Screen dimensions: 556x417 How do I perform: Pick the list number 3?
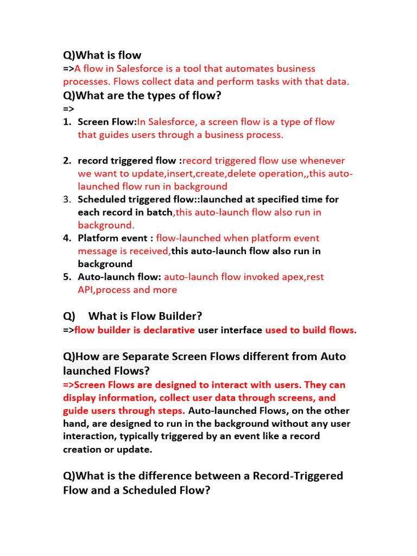(67, 199)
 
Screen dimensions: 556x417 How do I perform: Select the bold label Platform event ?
(116, 238)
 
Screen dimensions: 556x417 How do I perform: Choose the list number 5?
(67, 277)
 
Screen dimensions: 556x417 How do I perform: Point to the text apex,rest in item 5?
(301, 277)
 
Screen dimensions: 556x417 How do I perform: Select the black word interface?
(242, 330)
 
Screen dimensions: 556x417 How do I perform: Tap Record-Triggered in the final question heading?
(298, 476)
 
